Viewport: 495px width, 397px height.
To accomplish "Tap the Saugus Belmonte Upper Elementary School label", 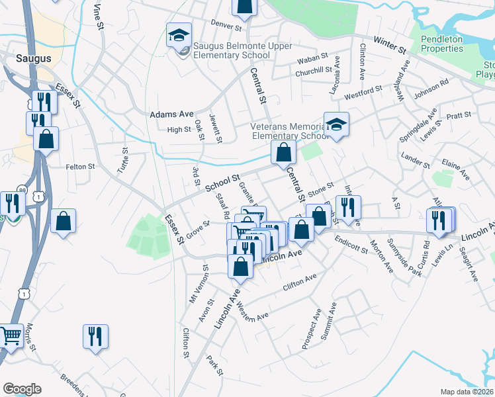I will click(232, 50).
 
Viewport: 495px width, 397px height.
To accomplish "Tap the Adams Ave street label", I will click(171, 114).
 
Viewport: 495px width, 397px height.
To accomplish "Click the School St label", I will click(222, 183).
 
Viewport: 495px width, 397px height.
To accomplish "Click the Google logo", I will click(22, 389).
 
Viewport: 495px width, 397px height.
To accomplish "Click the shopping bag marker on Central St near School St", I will click(283, 152).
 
